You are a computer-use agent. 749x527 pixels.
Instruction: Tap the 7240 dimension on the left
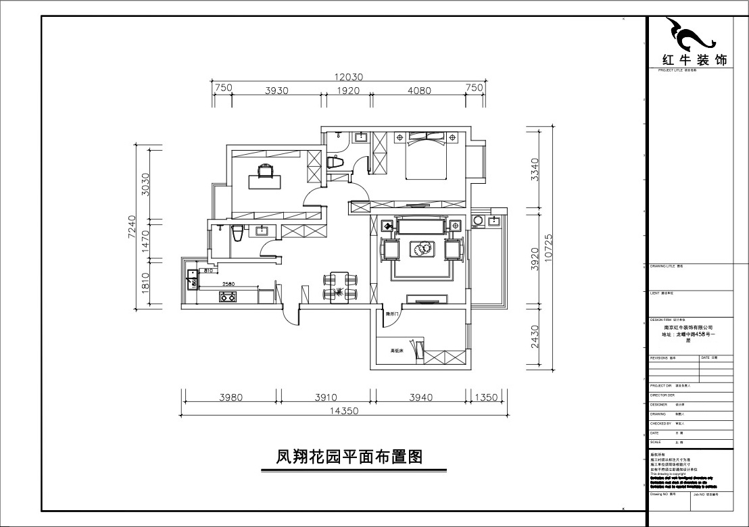[x=132, y=228]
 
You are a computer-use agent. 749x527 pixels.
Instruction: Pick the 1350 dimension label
[x=486, y=397]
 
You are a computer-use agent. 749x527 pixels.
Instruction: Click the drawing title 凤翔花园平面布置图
[x=349, y=457]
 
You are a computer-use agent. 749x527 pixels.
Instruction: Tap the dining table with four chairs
[x=340, y=285]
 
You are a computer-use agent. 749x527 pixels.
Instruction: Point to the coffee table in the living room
[x=423, y=249]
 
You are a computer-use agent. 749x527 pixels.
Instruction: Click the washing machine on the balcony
[x=479, y=220]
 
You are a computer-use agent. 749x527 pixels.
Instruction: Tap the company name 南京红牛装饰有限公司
[x=688, y=327]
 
